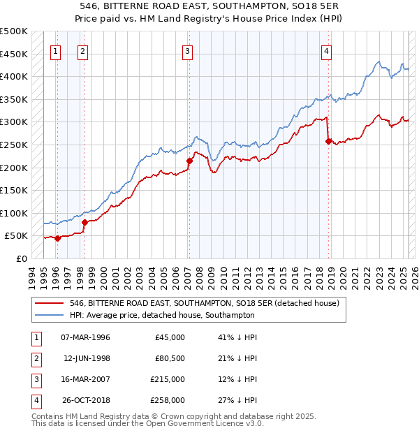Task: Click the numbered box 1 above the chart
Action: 55,50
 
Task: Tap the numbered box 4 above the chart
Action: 326,50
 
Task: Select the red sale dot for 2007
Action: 189,161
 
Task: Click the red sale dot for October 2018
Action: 328,141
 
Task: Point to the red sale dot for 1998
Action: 84,222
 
